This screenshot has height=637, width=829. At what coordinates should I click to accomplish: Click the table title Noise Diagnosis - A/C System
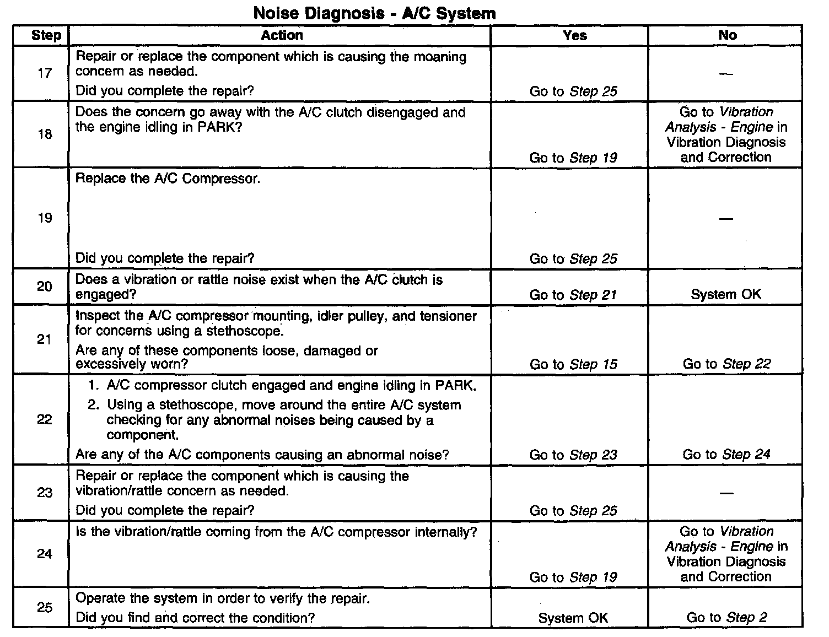coord(374,13)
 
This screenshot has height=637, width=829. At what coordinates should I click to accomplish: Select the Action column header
coord(282,35)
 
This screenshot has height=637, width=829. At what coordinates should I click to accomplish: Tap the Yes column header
coord(574,35)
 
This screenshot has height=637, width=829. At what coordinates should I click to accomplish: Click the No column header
coord(727,35)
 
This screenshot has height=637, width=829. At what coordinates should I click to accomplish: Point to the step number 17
coord(45,73)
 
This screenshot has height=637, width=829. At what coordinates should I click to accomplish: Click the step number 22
coord(45,419)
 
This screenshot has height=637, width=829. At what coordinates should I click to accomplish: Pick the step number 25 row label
coord(45,607)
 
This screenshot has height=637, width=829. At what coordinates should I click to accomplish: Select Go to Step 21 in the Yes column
coord(573,295)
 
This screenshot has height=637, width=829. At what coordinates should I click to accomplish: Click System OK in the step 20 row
coord(726,294)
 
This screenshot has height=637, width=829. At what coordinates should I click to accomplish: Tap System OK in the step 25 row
coord(573,618)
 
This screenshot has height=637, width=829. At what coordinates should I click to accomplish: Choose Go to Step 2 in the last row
coord(726,618)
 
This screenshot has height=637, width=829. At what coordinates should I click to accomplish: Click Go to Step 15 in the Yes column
coord(573,364)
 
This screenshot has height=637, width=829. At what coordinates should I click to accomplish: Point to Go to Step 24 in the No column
coord(726,455)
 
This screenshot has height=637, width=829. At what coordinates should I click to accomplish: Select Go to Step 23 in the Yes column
coord(573,455)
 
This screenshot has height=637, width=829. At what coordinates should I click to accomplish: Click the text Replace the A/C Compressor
coord(168,179)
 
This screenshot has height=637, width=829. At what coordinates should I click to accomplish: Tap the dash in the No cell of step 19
coord(726,218)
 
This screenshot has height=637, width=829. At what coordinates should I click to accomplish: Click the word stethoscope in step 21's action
coord(244,331)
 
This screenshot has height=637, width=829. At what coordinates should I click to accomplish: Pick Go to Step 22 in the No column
coord(726,364)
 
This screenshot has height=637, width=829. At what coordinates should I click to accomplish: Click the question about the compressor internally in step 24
coord(276,532)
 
